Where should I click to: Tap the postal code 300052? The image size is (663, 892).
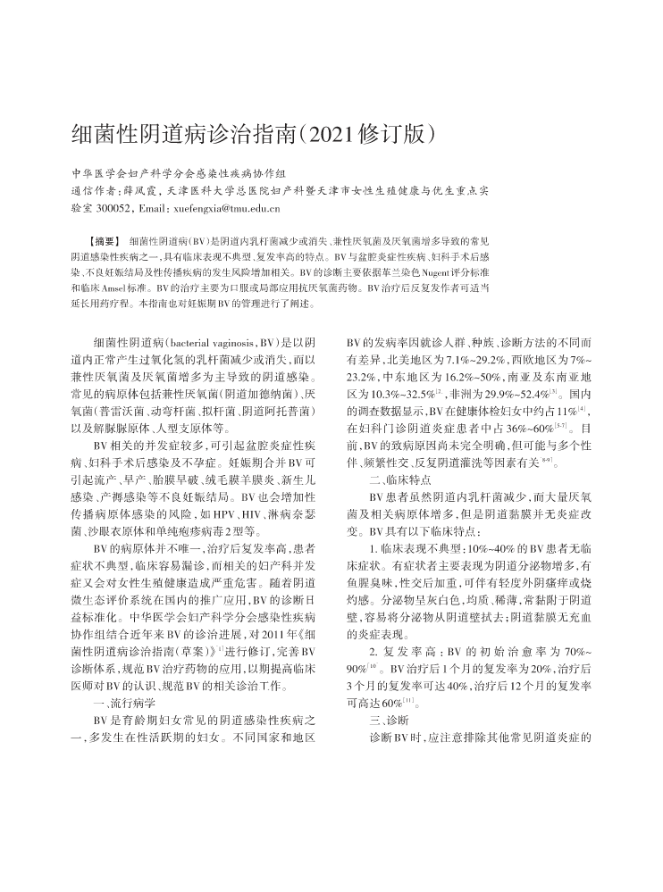coord(114,208)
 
